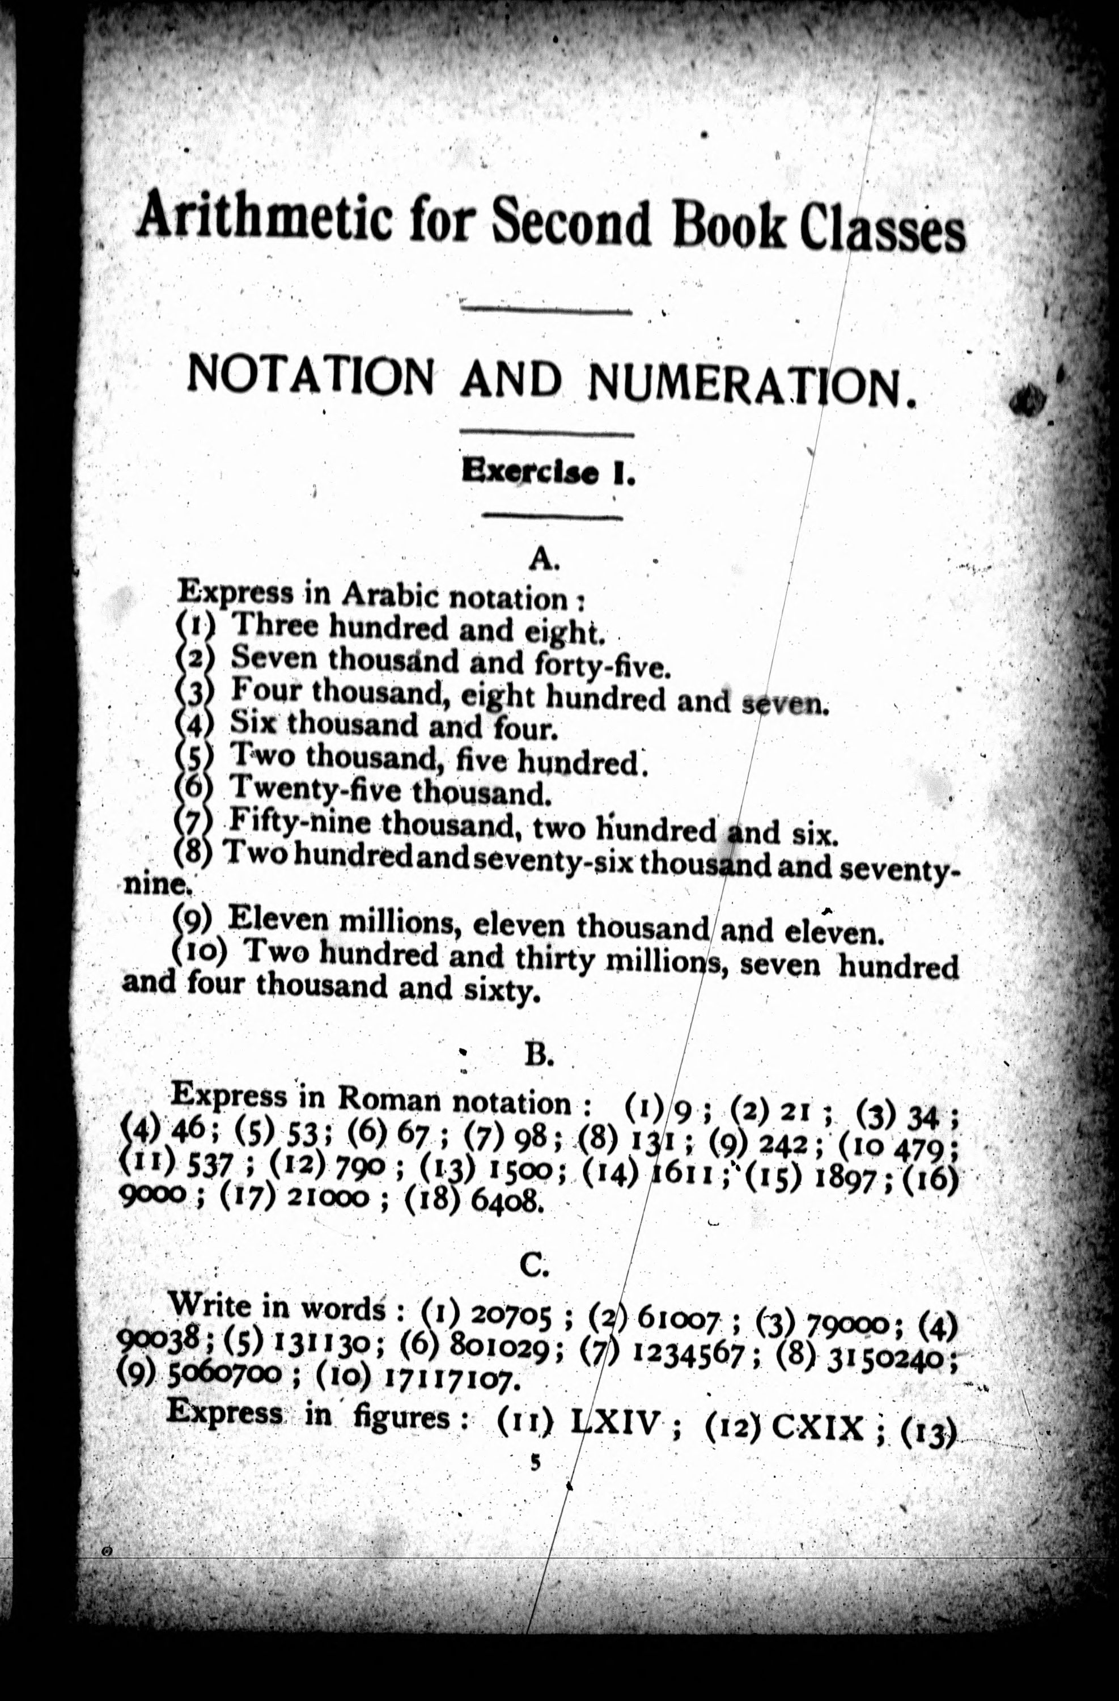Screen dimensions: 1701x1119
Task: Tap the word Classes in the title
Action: click(x=882, y=227)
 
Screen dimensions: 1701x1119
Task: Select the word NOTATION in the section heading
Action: click(x=310, y=374)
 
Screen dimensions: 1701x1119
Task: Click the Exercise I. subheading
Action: click(x=548, y=472)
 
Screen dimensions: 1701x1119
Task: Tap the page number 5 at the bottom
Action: click(x=535, y=1463)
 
